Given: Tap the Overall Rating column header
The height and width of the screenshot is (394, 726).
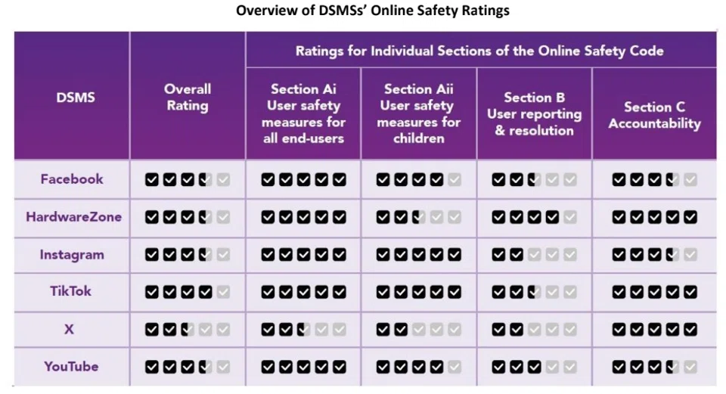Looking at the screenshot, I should pyautogui.click(x=188, y=97).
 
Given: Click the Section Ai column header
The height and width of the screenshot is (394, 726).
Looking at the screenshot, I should pyautogui.click(x=304, y=113).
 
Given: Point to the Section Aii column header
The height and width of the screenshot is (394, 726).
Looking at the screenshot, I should pyautogui.click(x=418, y=113).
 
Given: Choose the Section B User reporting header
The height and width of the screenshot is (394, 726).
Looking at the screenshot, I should pyautogui.click(x=534, y=113).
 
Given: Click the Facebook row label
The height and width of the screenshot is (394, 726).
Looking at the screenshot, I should pyautogui.click(x=72, y=179).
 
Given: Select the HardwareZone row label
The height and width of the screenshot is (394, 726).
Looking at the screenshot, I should pyautogui.click(x=73, y=217).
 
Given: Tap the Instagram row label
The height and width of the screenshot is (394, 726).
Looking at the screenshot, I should pyautogui.click(x=72, y=255).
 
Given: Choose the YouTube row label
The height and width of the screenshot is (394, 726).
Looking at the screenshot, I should pyautogui.click(x=71, y=367).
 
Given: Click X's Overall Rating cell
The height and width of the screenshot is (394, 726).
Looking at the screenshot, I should pyautogui.click(x=188, y=330).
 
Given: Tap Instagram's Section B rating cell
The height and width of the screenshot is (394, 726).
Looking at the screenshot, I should pyautogui.click(x=534, y=255).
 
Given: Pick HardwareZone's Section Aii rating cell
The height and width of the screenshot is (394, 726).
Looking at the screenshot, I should pyautogui.click(x=418, y=218).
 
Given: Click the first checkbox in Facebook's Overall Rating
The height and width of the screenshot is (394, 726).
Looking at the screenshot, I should pyautogui.click(x=152, y=180).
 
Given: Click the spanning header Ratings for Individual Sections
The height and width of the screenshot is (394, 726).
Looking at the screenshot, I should pyautogui.click(x=479, y=51).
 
